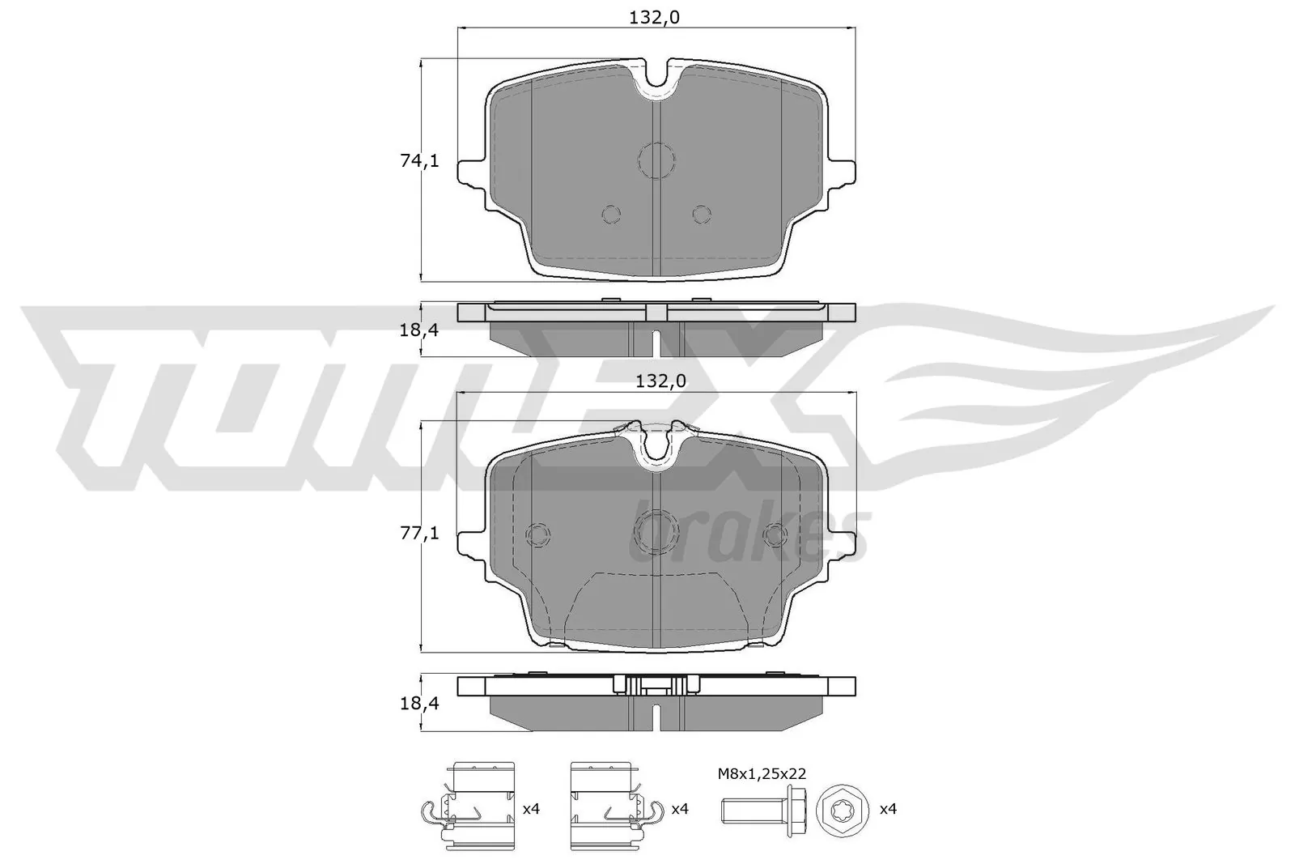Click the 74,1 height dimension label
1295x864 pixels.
tap(419, 161)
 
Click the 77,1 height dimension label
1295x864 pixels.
tap(419, 533)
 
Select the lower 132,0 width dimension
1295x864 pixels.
tap(656, 381)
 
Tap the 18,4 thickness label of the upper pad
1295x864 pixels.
tap(419, 330)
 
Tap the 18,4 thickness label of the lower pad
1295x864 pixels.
tap(419, 704)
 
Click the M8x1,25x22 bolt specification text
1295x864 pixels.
tap(762, 775)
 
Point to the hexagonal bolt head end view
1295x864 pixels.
tap(843, 808)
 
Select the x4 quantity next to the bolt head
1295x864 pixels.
tap(888, 808)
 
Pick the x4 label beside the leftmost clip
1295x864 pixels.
tap(531, 808)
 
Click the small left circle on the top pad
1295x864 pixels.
tap(611, 213)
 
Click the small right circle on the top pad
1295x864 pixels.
tap(702, 213)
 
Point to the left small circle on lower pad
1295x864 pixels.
tap(537, 534)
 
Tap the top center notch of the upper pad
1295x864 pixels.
tap(656, 81)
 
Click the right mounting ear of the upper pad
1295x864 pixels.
tap(843, 172)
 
